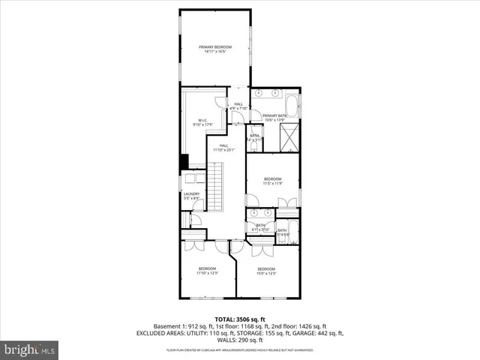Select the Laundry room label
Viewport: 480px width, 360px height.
[191, 196]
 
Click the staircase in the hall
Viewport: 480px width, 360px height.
[215, 191]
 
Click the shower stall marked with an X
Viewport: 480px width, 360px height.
[289, 137]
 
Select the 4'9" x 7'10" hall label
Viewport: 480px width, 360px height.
[238, 106]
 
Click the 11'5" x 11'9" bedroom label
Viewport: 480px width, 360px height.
[271, 181]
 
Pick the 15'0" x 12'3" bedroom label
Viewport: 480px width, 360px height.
[266, 271]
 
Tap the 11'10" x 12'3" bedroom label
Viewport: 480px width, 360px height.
[206, 271]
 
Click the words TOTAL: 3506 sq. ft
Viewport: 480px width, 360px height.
[240, 319]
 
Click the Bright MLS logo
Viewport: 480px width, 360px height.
[30, 349]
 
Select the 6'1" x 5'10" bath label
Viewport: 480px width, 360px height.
[261, 226]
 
